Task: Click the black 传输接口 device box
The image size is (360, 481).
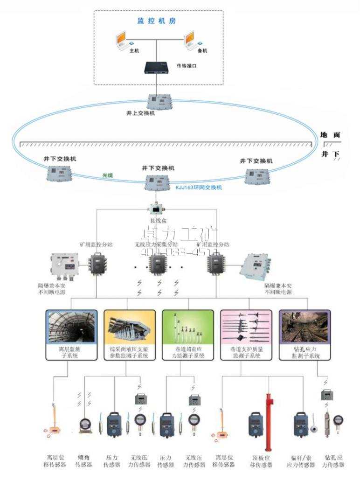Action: [157, 68]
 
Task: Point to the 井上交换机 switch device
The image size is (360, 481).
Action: [156, 101]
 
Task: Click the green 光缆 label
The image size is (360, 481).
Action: [108, 176]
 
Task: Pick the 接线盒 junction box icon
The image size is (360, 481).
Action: [155, 208]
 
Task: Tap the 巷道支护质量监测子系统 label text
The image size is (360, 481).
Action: [246, 352]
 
